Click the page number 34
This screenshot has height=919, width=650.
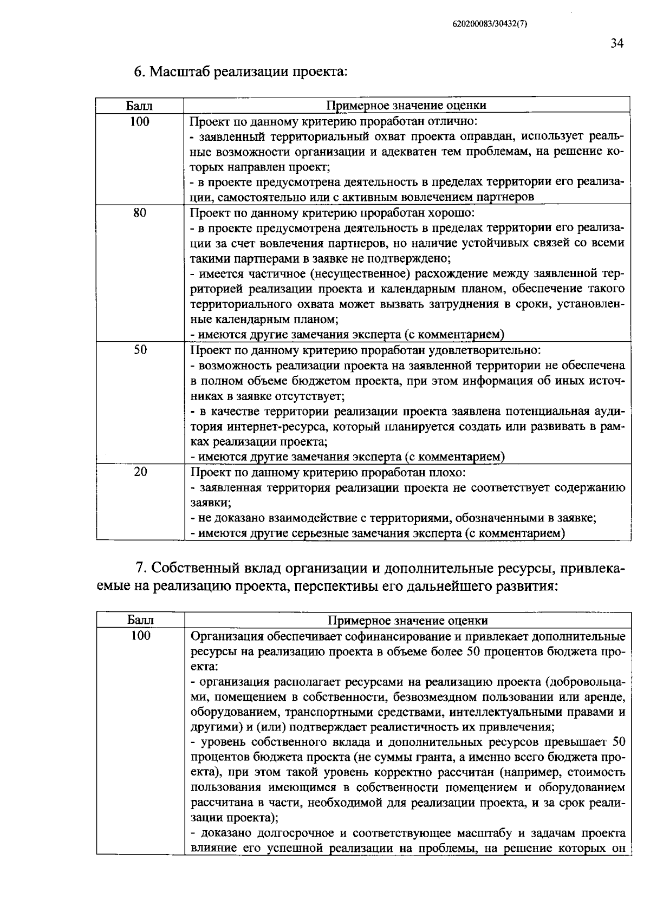(617, 44)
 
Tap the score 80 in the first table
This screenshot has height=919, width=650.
(140, 213)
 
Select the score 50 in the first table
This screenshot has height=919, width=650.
(140, 350)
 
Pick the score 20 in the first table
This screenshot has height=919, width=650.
(140, 472)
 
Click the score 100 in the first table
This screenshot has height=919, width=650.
(140, 121)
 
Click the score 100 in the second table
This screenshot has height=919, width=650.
(140, 635)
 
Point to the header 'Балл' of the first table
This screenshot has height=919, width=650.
(139, 105)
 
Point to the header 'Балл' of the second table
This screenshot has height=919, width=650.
(140, 620)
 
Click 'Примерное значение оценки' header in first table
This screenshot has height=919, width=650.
(406, 105)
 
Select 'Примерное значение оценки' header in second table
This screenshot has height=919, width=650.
(408, 620)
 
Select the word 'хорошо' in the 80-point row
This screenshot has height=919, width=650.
(455, 213)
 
